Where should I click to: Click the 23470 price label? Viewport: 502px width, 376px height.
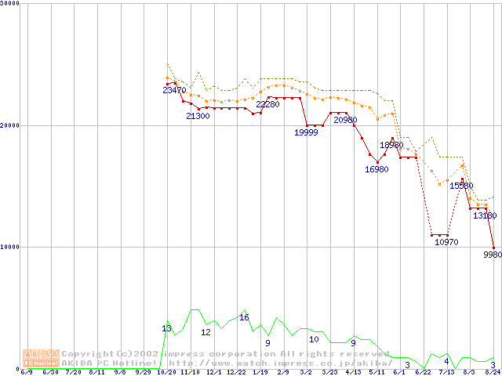click(x=174, y=90)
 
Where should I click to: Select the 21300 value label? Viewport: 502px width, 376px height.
click(x=198, y=116)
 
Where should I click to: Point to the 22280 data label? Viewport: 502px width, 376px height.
click(x=267, y=105)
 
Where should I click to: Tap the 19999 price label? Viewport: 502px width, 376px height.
click(x=307, y=132)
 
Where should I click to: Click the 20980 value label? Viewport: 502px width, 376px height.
click(x=345, y=120)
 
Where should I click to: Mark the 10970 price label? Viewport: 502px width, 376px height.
click(x=446, y=242)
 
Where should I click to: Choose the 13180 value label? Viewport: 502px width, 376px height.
click(x=485, y=215)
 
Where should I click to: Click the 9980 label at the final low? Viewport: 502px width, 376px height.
click(x=493, y=255)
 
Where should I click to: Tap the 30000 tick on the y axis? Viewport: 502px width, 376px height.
click(x=9, y=4)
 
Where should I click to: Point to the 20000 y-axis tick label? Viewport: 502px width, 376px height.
click(x=9, y=125)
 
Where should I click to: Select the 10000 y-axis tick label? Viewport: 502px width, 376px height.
click(x=9, y=247)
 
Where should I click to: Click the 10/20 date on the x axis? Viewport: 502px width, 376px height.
click(x=166, y=372)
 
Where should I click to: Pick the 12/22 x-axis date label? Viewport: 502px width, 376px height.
click(x=236, y=372)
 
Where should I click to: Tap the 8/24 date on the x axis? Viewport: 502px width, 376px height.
click(x=492, y=372)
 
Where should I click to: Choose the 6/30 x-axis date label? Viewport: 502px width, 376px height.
click(x=49, y=372)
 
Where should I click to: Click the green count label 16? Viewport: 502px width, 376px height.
click(x=244, y=317)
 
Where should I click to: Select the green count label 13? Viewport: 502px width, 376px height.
click(x=166, y=328)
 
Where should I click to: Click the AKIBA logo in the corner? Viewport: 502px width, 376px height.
click(x=41, y=357)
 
